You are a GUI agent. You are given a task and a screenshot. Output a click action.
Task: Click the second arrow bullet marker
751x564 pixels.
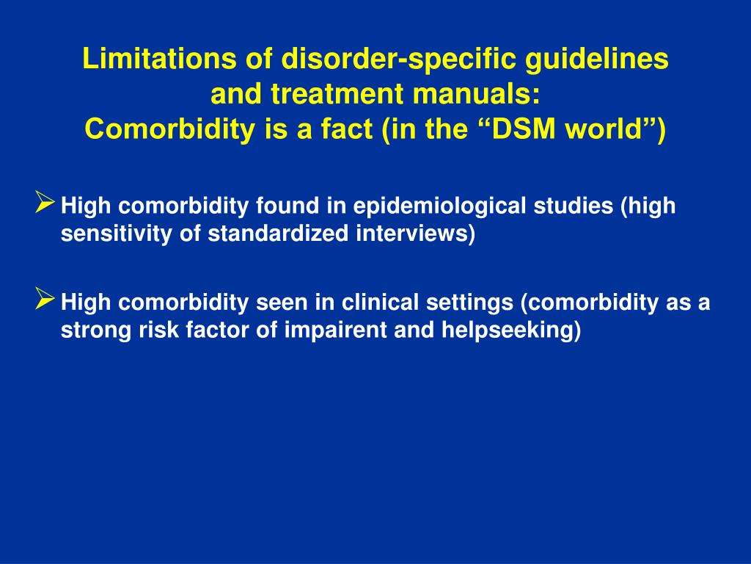pos(45,297)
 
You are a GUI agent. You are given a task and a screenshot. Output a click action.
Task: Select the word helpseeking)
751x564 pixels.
pos(510,330)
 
